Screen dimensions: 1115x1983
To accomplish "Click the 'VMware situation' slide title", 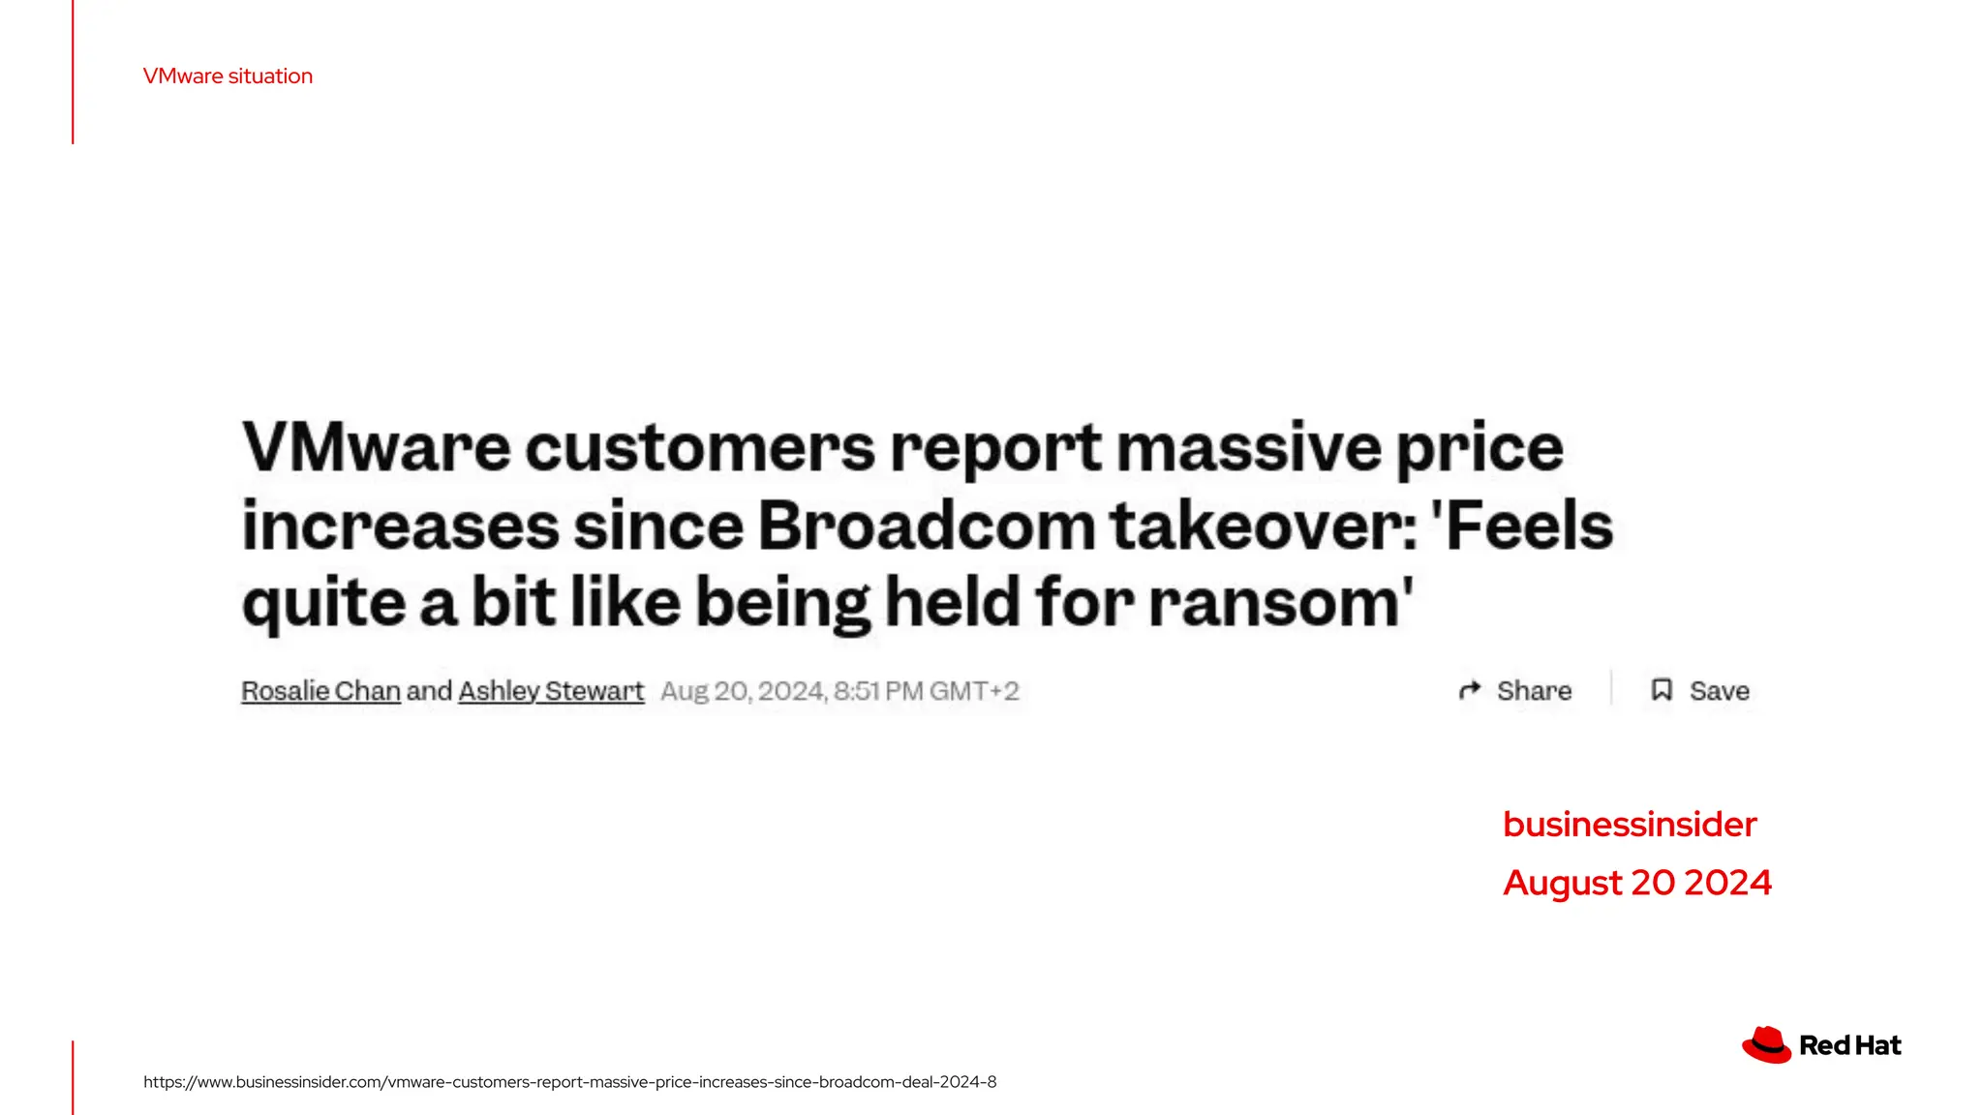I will pos(228,76).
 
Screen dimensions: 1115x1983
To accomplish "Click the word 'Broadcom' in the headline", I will pos(928,527).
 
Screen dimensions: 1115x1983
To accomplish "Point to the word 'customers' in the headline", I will pos(699,448).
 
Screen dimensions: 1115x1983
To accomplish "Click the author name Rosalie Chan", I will pos(320,691).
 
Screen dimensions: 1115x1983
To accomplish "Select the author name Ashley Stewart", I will pos(551,691).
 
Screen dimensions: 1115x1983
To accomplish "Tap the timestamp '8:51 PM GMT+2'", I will pos(926,691).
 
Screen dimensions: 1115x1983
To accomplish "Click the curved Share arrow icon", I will pos(1470,690).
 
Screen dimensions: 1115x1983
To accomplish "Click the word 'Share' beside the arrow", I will pos(1534,691).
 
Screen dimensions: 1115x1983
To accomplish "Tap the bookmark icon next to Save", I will pos(1662,690).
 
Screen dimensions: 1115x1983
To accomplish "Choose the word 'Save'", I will pos(1719,691).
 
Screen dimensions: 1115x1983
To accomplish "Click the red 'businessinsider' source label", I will pos(1630,825).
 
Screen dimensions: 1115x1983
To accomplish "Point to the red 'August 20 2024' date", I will pos(1636,883).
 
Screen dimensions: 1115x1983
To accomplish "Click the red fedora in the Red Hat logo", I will pos(1766,1045).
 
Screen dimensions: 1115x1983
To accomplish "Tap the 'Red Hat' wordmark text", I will pos(1849,1046).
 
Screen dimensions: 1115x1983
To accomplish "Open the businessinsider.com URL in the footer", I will pos(569,1082).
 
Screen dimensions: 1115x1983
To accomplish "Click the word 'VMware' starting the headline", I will pos(376,448).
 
